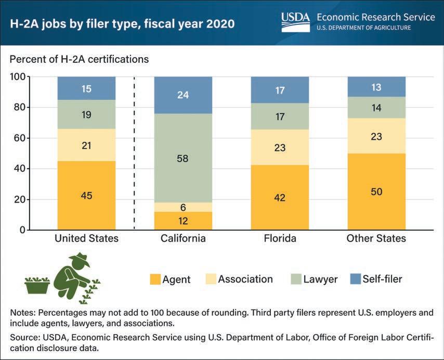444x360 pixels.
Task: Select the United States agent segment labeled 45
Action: click(x=86, y=195)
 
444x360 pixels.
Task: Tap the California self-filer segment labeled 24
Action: click(x=183, y=95)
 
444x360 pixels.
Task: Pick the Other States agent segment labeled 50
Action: click(x=376, y=192)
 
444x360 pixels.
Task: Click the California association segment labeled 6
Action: click(x=183, y=207)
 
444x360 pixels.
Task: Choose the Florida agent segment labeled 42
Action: click(x=280, y=197)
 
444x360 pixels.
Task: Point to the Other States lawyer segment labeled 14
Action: click(x=376, y=108)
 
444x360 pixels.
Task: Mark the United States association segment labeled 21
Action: click(x=86, y=145)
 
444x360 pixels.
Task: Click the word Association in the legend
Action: click(x=245, y=279)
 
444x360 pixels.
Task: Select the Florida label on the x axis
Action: click(x=280, y=239)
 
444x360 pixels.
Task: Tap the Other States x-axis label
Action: click(x=376, y=239)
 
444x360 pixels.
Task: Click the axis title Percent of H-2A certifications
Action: click(x=79, y=59)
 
